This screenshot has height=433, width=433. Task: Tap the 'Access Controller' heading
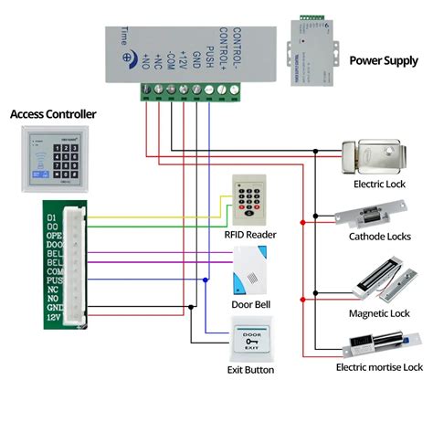click(53, 114)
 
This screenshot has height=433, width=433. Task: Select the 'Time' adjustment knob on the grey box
click(123, 37)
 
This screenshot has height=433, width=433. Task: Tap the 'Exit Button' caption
click(249, 370)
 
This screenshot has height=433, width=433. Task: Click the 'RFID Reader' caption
click(249, 235)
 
